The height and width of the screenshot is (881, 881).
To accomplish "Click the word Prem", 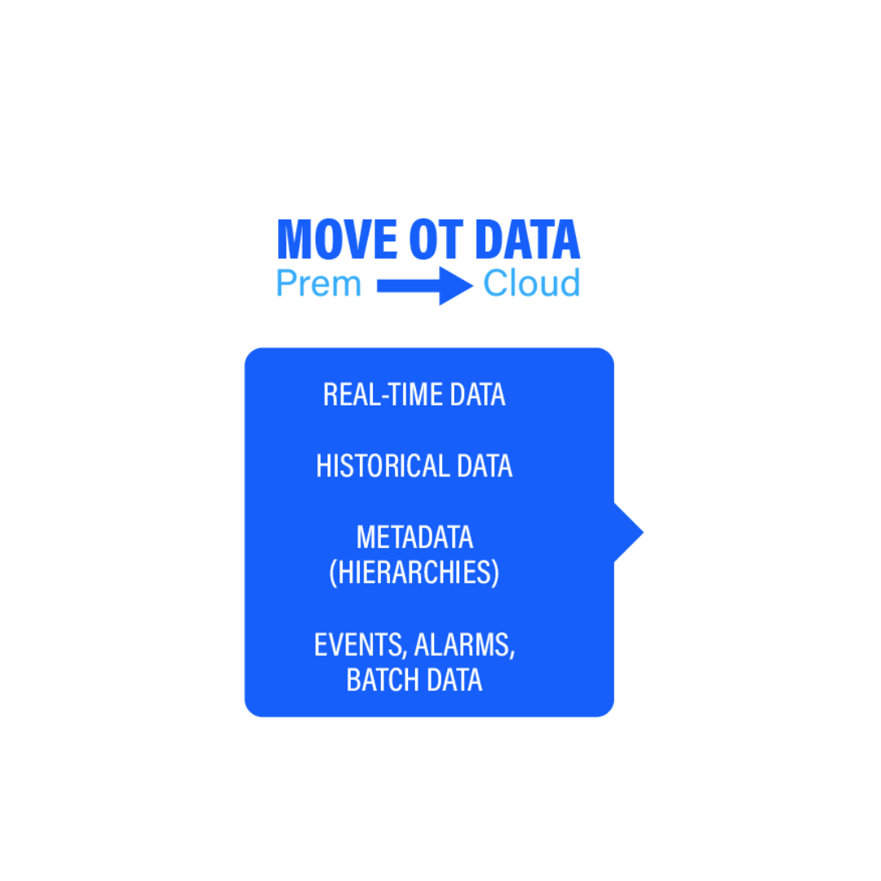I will click(x=318, y=284).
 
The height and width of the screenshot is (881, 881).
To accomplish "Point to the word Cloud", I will click(x=531, y=284).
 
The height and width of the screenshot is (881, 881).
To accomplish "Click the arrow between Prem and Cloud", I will click(x=424, y=286).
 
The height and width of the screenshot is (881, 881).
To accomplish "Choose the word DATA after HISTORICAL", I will click(x=485, y=467).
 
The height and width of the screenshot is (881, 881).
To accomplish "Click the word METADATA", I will click(x=414, y=538).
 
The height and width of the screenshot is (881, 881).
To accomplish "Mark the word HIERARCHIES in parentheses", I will click(x=414, y=573).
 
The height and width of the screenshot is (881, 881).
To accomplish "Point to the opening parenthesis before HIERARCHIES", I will click(x=333, y=573).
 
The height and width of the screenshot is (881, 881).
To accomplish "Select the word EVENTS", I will click(x=359, y=645).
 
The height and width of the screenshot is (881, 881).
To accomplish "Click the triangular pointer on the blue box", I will click(x=629, y=533).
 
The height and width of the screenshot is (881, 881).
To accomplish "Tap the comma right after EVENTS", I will click(x=405, y=654).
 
